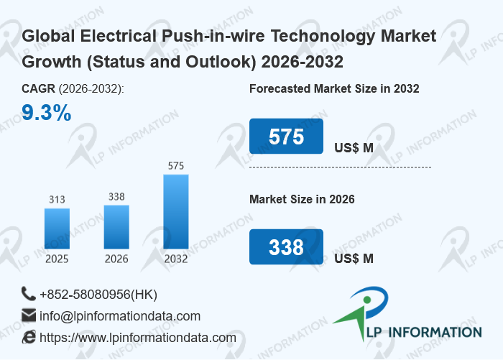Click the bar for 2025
point(57,229)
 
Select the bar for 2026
point(116,227)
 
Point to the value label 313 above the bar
point(57,199)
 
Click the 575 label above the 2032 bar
point(176,166)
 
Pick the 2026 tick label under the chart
point(116,259)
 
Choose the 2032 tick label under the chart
point(176,259)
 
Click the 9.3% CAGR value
point(46,113)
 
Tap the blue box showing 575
point(286,137)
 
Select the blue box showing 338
point(286,247)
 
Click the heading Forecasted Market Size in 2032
point(334,89)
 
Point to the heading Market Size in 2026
point(302,199)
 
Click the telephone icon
point(29,294)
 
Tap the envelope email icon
point(29,315)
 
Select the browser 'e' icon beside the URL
point(29,337)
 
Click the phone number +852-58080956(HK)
point(98,295)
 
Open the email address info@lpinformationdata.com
point(120,316)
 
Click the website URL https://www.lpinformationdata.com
point(138,338)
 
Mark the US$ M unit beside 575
point(354,148)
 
